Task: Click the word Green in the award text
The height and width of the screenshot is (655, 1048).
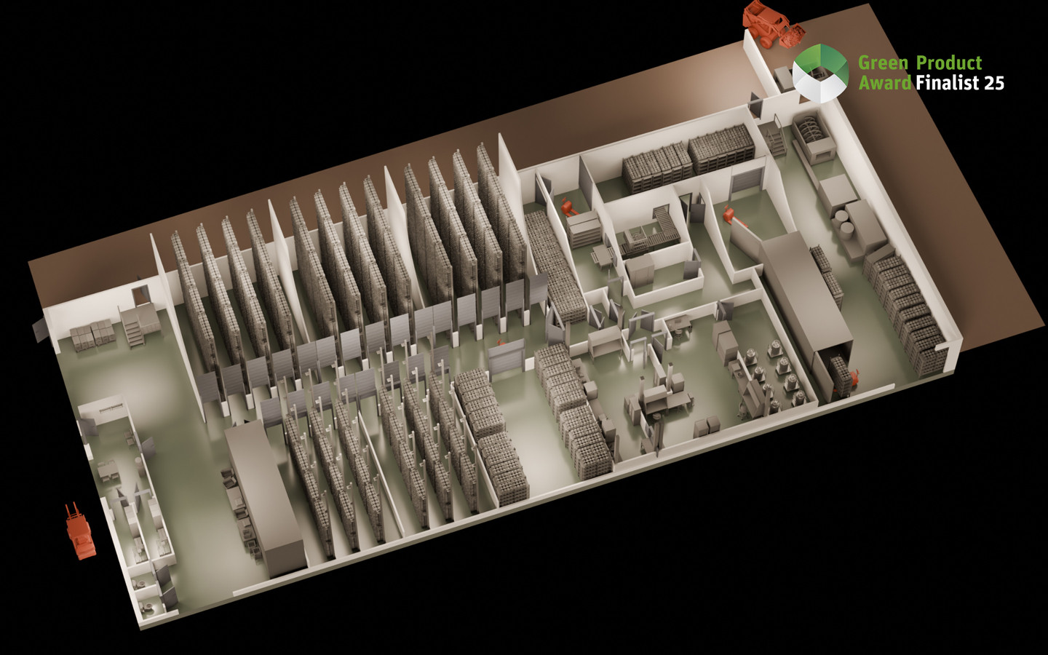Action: click(x=883, y=63)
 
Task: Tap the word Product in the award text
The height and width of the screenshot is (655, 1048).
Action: click(x=949, y=63)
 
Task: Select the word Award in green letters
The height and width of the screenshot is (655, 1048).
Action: click(x=885, y=83)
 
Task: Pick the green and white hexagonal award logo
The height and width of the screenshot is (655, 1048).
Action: click(x=821, y=73)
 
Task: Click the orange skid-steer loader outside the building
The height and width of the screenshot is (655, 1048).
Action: click(x=773, y=23)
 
